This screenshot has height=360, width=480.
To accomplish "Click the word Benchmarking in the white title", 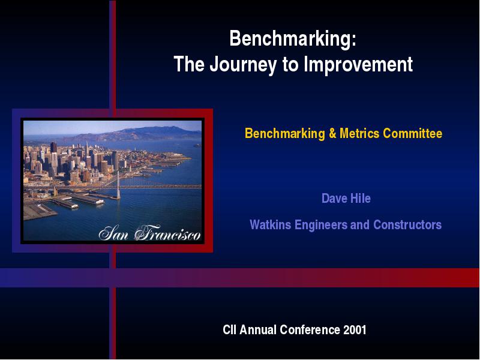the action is point(290,39).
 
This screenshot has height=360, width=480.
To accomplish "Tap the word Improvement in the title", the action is point(358,64).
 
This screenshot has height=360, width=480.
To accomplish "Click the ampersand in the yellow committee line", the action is point(332,133).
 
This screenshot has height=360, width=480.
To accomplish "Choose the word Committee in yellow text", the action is point(413,133).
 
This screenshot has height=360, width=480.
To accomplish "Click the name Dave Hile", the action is point(346,199).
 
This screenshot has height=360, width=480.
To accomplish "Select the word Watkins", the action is point(271,224).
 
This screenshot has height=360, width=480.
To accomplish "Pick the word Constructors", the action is point(407,224).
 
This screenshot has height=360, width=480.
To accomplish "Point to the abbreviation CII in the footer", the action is point(230,329).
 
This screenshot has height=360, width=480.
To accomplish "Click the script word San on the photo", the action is point(113,233).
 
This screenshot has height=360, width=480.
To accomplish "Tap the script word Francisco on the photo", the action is point(167,233).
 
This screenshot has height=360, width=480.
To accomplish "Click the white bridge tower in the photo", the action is point(118,185).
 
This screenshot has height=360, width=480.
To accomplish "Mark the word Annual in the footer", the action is point(258,329).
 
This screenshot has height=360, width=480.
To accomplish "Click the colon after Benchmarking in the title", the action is point(354,41).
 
